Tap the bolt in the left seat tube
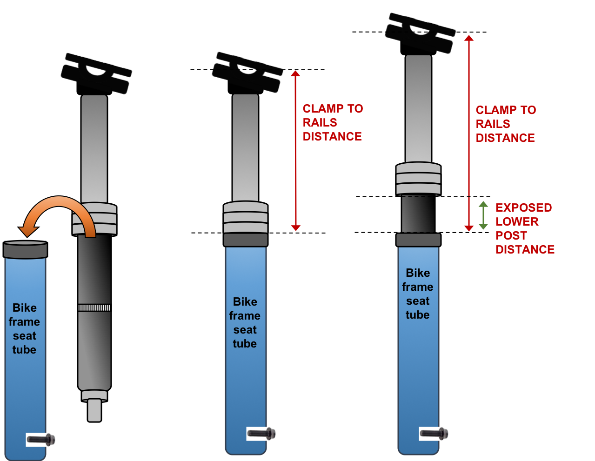(40, 439)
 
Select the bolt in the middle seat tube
(261, 434)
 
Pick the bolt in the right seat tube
(434, 434)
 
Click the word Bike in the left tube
(25, 308)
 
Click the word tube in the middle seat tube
(245, 344)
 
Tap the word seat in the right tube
(418, 301)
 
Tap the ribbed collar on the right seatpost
(418, 179)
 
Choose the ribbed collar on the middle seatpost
(246, 217)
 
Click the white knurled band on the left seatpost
(94, 308)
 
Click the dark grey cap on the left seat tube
(25, 250)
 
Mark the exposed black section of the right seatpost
(418, 214)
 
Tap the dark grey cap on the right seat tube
(418, 240)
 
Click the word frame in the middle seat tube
(245, 316)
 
